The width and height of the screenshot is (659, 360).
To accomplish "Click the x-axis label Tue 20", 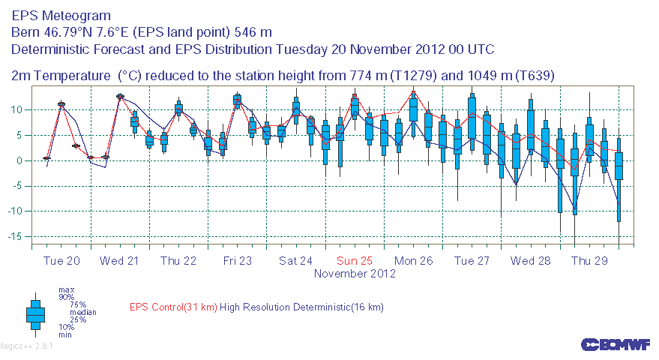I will click(x=61, y=261).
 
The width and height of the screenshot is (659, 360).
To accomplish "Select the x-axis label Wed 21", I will click(x=120, y=261).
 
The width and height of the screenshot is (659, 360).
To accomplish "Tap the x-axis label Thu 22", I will click(x=178, y=261).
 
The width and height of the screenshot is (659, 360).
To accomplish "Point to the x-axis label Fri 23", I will click(x=237, y=261).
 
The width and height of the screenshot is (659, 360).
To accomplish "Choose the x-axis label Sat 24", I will click(x=295, y=261).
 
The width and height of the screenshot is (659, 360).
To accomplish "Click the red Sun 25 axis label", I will click(x=355, y=261).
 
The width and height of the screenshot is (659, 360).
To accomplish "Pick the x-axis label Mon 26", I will click(x=414, y=261).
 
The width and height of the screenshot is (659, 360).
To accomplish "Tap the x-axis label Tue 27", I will click(x=472, y=261).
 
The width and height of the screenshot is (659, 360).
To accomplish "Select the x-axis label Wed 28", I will click(x=531, y=261).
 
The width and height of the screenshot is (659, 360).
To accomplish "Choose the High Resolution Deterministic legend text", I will click(x=302, y=307).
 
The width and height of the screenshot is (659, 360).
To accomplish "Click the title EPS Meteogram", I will click(x=61, y=16).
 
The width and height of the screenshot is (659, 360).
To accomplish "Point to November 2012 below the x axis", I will click(x=355, y=274).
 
